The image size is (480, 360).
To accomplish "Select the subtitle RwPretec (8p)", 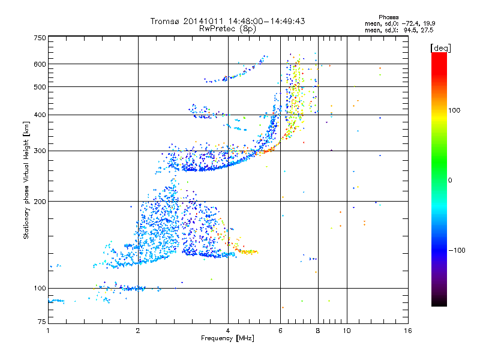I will coord(228,28).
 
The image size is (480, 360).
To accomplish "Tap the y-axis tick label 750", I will coord(40,38).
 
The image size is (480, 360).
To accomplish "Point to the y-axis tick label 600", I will coord(40,64).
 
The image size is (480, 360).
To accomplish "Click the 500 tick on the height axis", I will coord(40,87).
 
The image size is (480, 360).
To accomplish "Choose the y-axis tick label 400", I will coord(40,115).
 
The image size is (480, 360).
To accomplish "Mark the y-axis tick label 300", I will coord(40,151).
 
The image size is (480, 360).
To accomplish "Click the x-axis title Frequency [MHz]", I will coord(228,339).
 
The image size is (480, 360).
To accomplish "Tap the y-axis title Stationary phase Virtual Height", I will coord(26,180).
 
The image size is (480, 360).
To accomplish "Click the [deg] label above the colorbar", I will coord(440,47).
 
